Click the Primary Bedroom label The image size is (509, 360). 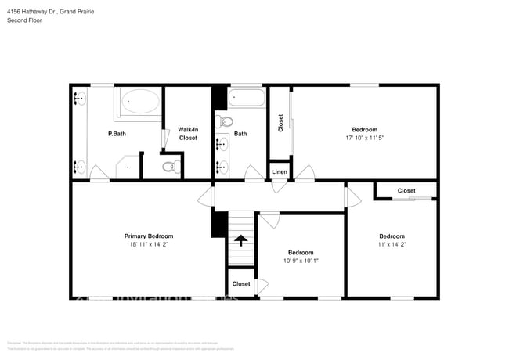coord(149,236)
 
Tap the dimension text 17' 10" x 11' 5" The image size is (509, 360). coord(364,138)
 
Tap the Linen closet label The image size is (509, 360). coord(280,171)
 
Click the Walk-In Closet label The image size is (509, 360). coord(188,134)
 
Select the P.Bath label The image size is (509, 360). coord(117,134)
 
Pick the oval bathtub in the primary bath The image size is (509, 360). coord(141,103)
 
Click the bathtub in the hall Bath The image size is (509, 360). coord(247,99)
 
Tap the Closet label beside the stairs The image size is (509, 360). coord(241,283)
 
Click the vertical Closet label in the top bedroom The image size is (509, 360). coord(280,123)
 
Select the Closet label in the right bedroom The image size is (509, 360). coord(406,190)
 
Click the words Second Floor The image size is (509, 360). coord(24,20)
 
